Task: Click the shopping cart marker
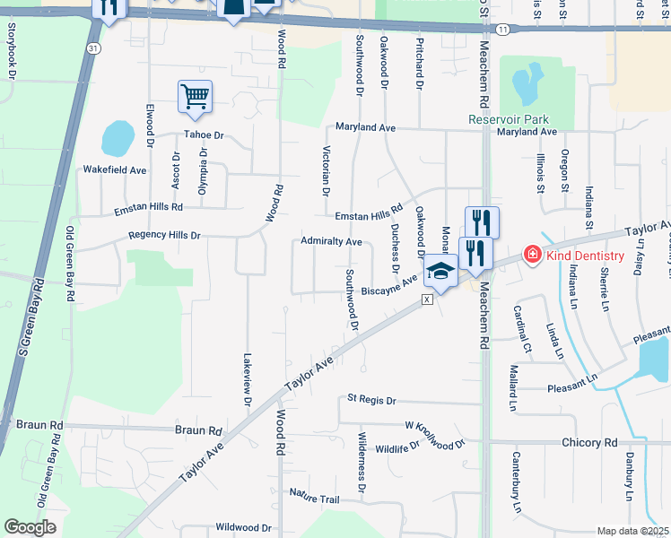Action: [195, 96]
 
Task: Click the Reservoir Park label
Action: [508, 119]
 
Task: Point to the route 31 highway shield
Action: [93, 47]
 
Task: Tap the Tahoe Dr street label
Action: [203, 135]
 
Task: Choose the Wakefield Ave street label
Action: [114, 169]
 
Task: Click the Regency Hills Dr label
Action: [164, 235]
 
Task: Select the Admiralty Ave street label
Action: [331, 242]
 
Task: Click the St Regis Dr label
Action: [371, 400]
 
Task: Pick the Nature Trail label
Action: [315, 492]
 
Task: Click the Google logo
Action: [30, 527]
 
